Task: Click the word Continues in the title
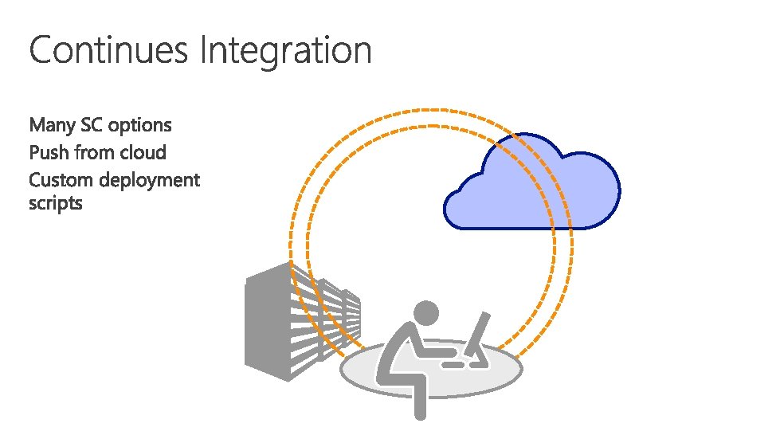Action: click(110, 51)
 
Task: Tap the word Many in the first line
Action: click(52, 126)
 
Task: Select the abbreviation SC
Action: click(92, 125)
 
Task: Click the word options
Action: click(140, 127)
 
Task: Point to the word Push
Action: click(49, 152)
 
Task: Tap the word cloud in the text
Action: click(143, 152)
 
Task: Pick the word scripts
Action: click(55, 204)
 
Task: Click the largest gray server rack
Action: click(271, 327)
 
